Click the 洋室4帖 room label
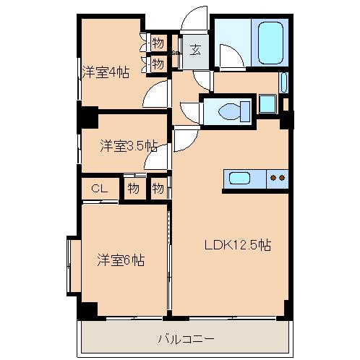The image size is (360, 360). point(106,72)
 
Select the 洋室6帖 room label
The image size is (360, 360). point(121,260)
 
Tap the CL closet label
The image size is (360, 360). point(100,189)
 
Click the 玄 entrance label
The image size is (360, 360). point(195,51)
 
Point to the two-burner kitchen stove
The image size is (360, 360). point(277,177)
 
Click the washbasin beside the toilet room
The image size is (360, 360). point(267,103)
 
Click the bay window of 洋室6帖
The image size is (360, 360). point(72,256)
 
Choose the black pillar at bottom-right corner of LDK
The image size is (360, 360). point(288,309)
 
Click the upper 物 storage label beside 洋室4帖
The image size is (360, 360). point(158,42)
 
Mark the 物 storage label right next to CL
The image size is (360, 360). point(134,189)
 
